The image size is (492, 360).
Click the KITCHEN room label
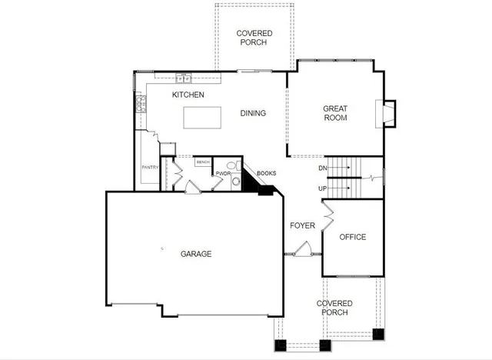pyautogui.click(x=188, y=95)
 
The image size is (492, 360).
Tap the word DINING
pyautogui.click(x=253, y=114)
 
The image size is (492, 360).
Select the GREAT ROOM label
pyautogui.click(x=335, y=114)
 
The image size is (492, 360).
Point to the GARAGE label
pyautogui.click(x=196, y=254)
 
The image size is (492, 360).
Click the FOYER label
pyautogui.click(x=302, y=225)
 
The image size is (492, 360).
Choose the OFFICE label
pyautogui.click(x=352, y=237)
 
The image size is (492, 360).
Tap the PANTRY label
pyautogui.click(x=149, y=167)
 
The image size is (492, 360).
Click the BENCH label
pyautogui.click(x=203, y=162)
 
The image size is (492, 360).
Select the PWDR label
pyautogui.click(x=223, y=174)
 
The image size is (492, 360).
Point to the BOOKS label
pyautogui.click(x=266, y=173)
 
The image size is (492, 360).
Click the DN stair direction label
pyautogui.click(x=323, y=168)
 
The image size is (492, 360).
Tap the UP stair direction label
pyautogui.click(x=323, y=188)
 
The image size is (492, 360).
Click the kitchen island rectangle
pyautogui.click(x=202, y=118)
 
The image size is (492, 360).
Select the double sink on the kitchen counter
pyautogui.click(x=184, y=77)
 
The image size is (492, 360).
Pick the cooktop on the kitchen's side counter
pyautogui.click(x=141, y=105)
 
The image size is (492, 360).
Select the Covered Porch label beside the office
pyautogui.click(x=334, y=308)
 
